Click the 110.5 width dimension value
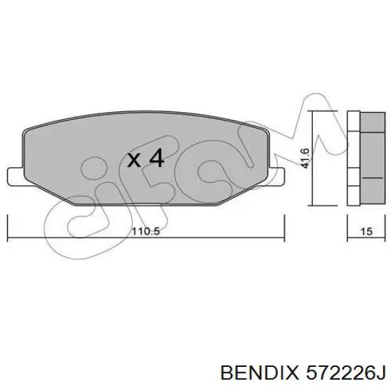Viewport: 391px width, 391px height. (145, 231)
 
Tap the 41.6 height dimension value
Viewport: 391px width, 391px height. (305, 158)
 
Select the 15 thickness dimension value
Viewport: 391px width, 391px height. (366, 231)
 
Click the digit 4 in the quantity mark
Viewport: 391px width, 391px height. (156, 158)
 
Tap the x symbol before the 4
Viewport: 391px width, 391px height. (134, 160)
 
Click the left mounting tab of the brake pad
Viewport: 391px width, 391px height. (16, 177)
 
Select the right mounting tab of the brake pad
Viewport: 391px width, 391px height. (276, 177)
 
